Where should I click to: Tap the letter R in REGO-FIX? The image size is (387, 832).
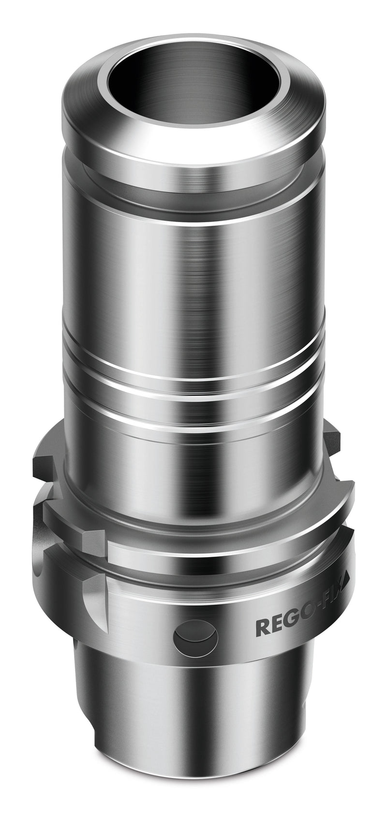(262, 628)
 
